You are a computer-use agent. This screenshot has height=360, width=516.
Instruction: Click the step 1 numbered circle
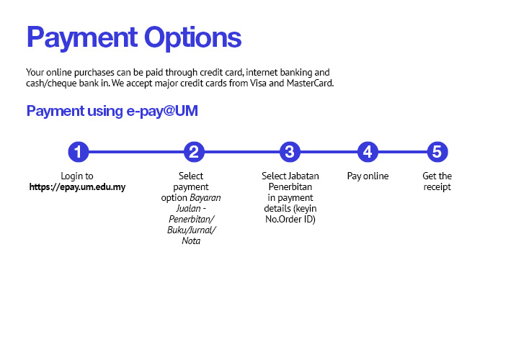79,152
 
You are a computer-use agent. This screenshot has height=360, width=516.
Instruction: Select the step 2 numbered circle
194,152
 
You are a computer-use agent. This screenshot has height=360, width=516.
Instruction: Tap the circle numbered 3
290,152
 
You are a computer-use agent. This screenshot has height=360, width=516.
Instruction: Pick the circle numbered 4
368,152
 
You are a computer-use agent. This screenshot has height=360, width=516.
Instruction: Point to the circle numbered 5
437,152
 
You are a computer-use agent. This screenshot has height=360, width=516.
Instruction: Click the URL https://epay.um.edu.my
77,187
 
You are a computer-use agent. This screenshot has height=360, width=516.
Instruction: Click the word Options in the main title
193,38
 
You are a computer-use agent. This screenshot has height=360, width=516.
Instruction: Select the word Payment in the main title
82,38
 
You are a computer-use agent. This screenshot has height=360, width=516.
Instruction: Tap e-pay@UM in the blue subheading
162,111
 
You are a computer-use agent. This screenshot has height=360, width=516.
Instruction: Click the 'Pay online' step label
368,176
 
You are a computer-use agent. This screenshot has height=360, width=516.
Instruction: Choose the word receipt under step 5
437,187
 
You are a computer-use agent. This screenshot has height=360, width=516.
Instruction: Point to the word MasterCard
310,84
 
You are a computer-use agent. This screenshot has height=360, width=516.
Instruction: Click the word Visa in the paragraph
258,84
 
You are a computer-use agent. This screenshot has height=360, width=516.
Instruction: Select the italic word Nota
191,241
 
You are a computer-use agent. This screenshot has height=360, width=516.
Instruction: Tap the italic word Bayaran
205,198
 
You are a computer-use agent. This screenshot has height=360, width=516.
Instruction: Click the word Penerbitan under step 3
290,187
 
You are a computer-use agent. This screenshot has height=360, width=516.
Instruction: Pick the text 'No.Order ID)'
290,220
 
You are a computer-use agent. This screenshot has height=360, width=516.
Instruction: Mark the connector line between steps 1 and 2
136,152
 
